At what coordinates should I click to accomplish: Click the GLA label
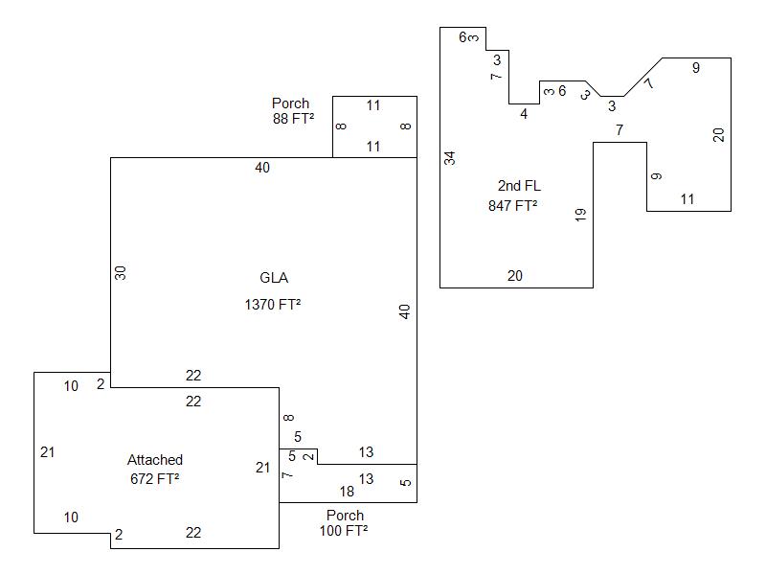[274, 278]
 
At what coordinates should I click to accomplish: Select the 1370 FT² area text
[273, 305]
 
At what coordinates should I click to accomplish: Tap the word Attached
[155, 460]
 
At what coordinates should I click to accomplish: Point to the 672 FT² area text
[155, 478]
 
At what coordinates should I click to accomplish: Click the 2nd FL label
[519, 186]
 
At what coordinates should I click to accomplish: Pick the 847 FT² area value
[512, 205]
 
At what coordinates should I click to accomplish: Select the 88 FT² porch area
[293, 120]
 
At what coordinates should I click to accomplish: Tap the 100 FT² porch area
[344, 530]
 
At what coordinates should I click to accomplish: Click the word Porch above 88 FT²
[290, 103]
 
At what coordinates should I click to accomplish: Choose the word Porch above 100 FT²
[345, 515]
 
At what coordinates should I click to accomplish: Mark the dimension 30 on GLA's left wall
[121, 273]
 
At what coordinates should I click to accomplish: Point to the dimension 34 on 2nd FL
[450, 158]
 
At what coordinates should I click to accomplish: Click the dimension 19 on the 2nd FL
[580, 215]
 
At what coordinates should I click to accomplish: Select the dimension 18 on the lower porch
[347, 492]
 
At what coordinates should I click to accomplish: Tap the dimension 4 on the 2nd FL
[524, 114]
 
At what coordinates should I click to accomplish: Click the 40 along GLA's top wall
[262, 168]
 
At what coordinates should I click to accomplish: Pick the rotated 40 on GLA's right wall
[405, 311]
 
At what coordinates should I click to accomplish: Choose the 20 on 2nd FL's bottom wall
[515, 276]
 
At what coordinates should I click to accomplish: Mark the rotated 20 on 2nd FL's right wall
[719, 134]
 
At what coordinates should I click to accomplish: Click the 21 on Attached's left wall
[48, 452]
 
